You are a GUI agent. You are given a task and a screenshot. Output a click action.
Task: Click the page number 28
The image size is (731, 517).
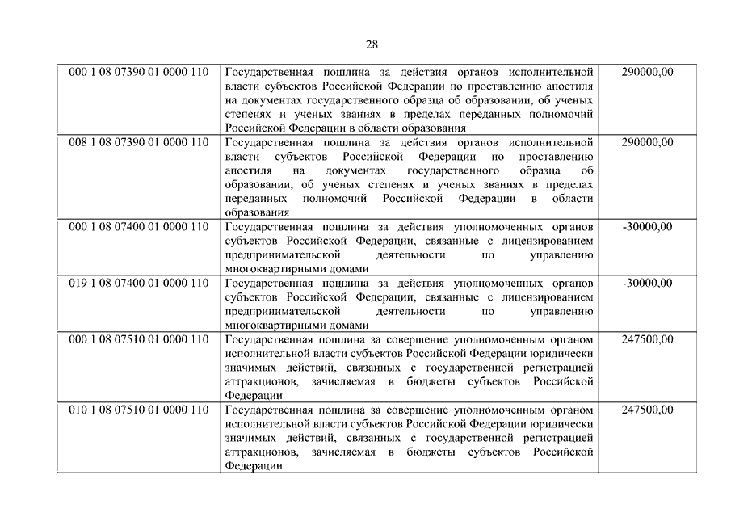point(371,44)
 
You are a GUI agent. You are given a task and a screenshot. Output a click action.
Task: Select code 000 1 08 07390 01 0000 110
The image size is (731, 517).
point(139,72)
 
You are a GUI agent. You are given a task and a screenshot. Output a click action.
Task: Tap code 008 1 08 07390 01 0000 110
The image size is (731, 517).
point(139,143)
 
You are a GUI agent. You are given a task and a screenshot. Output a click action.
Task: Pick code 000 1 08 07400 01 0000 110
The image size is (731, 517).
point(139,227)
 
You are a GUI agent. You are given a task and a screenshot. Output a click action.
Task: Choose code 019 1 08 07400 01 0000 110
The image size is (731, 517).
point(139,284)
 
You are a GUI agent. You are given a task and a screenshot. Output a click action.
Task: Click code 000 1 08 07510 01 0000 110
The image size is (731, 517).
point(139,339)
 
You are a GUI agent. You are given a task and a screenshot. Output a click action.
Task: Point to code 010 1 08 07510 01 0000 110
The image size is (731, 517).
point(139,410)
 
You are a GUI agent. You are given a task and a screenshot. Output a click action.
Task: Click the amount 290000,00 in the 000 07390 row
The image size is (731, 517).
point(648,72)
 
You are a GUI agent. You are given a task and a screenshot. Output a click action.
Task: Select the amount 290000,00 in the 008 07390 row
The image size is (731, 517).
point(648,143)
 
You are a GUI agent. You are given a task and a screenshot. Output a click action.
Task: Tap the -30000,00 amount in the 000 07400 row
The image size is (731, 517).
point(648,227)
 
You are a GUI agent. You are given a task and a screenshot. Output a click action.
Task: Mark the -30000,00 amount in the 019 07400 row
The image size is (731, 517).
point(648,284)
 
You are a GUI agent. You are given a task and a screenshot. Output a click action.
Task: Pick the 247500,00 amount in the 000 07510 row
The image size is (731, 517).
point(648,339)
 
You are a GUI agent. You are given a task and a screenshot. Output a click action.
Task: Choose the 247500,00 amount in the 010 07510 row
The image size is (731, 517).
point(648,410)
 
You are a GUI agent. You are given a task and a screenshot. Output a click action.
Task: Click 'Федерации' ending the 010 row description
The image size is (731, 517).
point(253,466)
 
